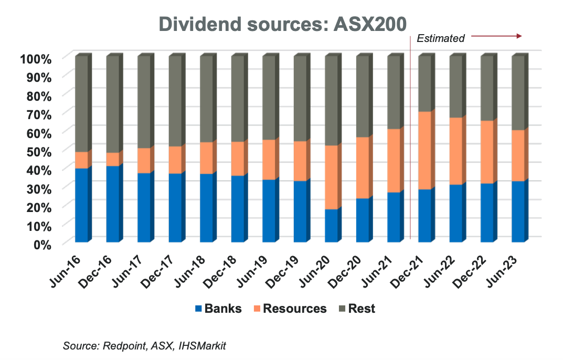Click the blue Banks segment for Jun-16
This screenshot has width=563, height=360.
[81, 205]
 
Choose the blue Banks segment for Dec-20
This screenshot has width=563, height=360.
[363, 220]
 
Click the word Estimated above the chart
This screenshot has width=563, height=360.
[441, 38]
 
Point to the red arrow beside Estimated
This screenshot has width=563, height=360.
[496, 36]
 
